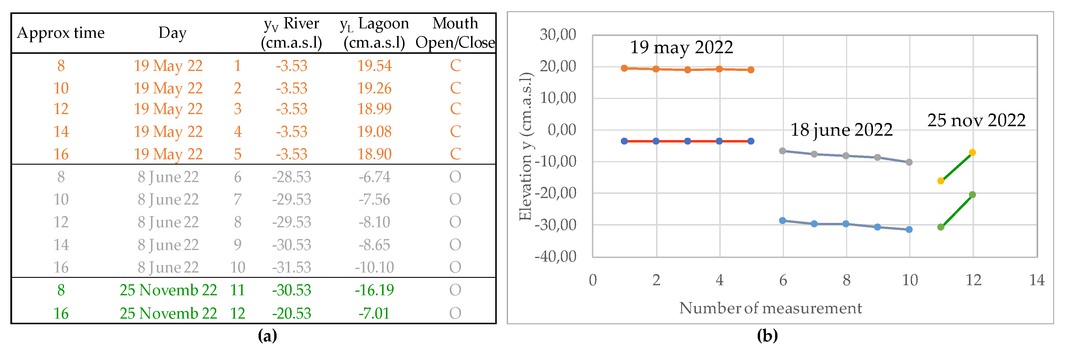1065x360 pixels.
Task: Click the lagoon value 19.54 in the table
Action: [x=374, y=66]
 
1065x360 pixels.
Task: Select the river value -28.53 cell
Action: [x=291, y=177]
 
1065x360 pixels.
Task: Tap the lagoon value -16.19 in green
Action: [x=374, y=290]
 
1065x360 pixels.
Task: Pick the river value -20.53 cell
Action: [x=291, y=313]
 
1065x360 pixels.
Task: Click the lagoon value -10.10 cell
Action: [x=374, y=267]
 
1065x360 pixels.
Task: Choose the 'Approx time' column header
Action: [x=61, y=33]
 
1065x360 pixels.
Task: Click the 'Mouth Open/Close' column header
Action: [x=455, y=33]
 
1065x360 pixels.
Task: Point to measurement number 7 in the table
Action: [x=237, y=200]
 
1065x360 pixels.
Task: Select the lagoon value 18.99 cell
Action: [x=374, y=109]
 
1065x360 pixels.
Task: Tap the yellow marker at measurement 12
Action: [x=973, y=153]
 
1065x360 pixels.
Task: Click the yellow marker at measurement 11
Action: [x=941, y=181]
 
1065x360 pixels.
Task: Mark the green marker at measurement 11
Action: [x=941, y=227]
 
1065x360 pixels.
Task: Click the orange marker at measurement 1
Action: [x=624, y=68]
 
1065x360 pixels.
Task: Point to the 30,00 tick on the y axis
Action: [x=558, y=34]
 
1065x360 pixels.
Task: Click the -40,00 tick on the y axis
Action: [x=555, y=257]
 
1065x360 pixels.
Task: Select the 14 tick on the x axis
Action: [x=1036, y=280]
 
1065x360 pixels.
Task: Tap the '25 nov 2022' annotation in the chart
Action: [x=976, y=120]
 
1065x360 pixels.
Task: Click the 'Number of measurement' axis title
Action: [x=770, y=308]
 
